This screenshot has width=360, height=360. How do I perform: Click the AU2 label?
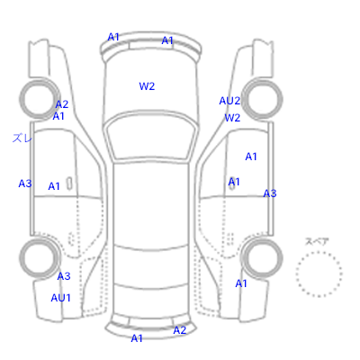[x=229, y=101]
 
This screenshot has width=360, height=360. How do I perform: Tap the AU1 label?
[x=60, y=298]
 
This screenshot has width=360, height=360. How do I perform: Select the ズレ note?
[x=22, y=138]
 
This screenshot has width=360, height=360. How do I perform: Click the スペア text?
[x=317, y=241]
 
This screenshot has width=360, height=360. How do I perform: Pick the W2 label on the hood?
[x=147, y=86]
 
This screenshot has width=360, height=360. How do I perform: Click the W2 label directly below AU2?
[x=232, y=118]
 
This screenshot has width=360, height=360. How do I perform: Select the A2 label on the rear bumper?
[x=180, y=330]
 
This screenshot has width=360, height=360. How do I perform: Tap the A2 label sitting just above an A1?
[x=62, y=104]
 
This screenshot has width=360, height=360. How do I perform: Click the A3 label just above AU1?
[x=64, y=276]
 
